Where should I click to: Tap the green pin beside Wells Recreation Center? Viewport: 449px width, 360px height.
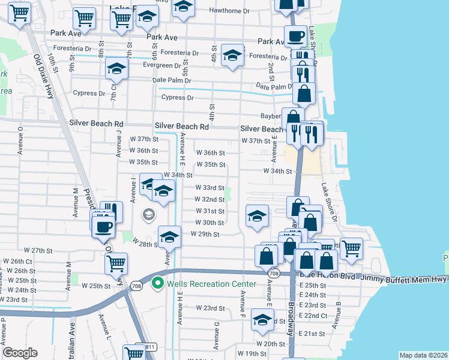point(158,282)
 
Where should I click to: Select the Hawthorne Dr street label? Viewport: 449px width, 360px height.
point(228,11)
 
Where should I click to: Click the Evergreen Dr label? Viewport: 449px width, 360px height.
point(161,65)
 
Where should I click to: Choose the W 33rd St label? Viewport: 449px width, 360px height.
point(209,188)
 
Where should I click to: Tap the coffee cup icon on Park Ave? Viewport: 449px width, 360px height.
point(295,37)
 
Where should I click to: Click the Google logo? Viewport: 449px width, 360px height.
point(20,352)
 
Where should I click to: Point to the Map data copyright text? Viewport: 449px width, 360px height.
point(424,355)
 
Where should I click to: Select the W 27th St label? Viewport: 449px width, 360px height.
point(39,250)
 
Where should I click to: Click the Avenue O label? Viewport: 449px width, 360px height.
point(20,140)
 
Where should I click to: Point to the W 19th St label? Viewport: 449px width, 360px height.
point(252,354)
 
